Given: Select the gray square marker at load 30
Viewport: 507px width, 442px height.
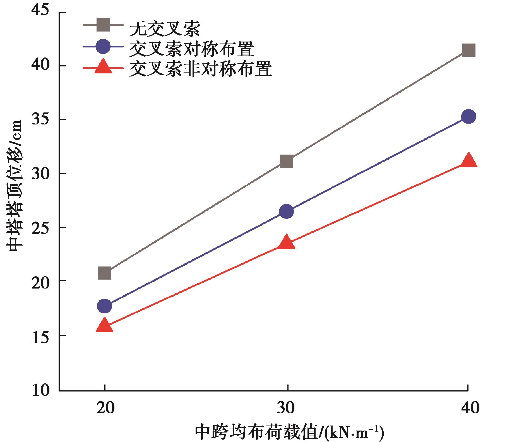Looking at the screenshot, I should coord(287,161).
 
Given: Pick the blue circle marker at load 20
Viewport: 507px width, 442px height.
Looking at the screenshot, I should coord(105,306).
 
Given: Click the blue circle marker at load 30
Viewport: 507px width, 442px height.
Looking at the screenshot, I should coord(287,212).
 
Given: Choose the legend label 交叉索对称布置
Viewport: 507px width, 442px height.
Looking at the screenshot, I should coord(192,48).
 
